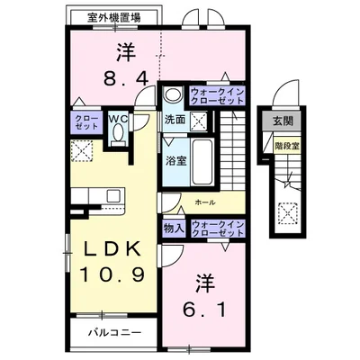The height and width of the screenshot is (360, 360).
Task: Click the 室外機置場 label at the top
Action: (112, 17)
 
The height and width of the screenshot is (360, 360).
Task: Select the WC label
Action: (119, 117)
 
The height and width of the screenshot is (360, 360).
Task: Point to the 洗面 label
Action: (175, 119)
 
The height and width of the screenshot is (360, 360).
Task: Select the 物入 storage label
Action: (175, 229)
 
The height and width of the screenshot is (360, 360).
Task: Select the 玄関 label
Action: (283, 122)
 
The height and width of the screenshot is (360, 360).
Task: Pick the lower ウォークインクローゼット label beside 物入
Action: (216, 229)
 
